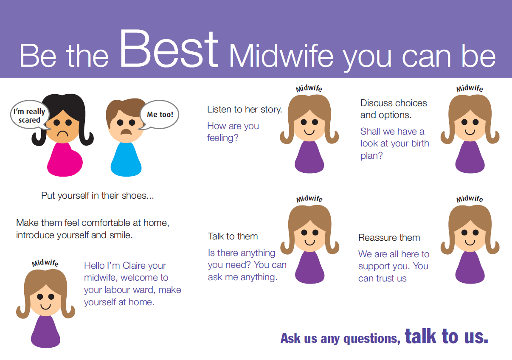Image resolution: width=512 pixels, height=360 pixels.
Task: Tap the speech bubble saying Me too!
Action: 160,115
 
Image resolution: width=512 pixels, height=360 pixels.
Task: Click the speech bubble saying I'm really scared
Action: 30,115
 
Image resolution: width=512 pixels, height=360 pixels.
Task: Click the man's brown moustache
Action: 126,132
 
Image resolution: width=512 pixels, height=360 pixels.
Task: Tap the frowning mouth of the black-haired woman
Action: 62,133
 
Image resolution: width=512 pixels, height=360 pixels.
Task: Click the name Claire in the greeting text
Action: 132,266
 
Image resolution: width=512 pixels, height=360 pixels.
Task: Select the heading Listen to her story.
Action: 245,110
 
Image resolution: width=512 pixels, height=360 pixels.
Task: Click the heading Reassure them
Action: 389,238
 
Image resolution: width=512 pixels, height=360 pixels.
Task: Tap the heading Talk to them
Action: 233,236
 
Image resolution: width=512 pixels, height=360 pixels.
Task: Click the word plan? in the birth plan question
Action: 371,156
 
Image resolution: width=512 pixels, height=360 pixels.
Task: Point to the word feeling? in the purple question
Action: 222,138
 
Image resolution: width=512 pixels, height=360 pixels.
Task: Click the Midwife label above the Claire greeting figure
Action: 45,263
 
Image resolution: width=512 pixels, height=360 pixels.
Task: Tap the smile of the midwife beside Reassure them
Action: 470,242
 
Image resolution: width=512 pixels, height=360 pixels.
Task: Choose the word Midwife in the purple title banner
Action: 281,56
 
